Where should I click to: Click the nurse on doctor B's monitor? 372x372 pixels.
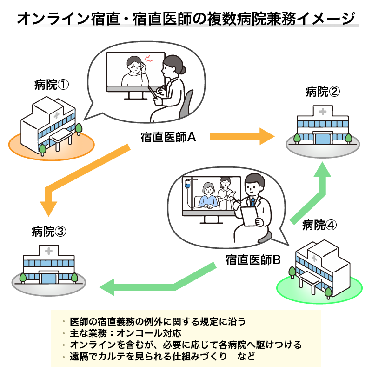226,193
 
